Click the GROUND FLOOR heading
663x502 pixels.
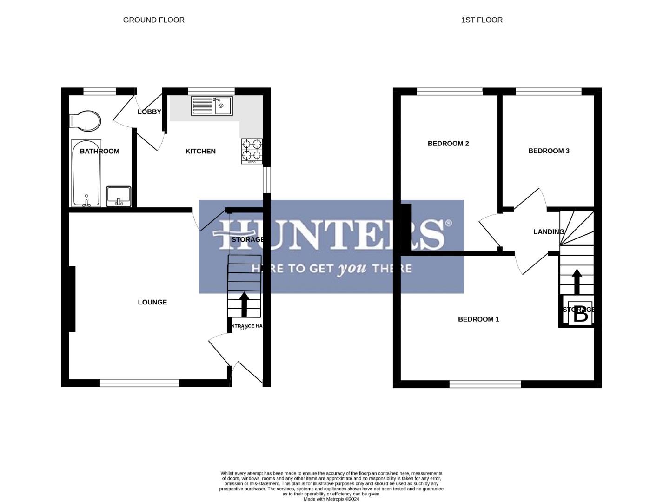pyautogui.click(x=153, y=20)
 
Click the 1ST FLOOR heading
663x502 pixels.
pyautogui.click(x=482, y=20)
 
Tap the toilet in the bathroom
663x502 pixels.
pyautogui.click(x=85, y=121)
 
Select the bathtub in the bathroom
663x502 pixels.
pyautogui.click(x=86, y=173)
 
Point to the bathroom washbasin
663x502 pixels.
pyautogui.click(x=119, y=196)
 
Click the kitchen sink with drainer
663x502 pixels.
pyautogui.click(x=212, y=106)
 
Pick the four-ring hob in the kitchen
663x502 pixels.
pyautogui.click(x=252, y=151)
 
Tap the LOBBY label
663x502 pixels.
pyautogui.click(x=149, y=112)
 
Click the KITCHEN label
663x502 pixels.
pyautogui.click(x=200, y=151)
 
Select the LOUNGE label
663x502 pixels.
pyautogui.click(x=152, y=302)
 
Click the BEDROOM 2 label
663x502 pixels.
pyautogui.click(x=448, y=144)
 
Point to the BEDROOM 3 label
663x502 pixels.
pyautogui.click(x=549, y=151)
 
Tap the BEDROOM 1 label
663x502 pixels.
pyautogui.click(x=478, y=319)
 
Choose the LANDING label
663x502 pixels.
pyautogui.click(x=549, y=232)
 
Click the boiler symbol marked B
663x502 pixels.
pyautogui.click(x=581, y=315)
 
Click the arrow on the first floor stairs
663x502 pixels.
pyautogui.click(x=577, y=281)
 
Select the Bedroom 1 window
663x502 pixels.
pyautogui.click(x=485, y=384)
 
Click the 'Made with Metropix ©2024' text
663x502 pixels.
pyautogui.click(x=331, y=499)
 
